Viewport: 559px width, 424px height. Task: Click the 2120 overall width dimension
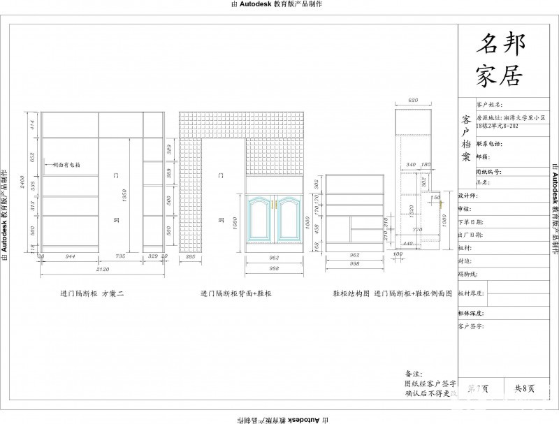pos(103,268)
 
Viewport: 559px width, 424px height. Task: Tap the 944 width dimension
pos(70,257)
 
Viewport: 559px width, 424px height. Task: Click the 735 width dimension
pos(119,257)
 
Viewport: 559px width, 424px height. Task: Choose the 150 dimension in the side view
pos(435,198)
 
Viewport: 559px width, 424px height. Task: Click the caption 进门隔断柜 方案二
pos(92,294)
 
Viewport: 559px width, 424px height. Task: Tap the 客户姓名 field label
pos(489,104)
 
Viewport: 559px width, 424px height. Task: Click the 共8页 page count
pos(525,388)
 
